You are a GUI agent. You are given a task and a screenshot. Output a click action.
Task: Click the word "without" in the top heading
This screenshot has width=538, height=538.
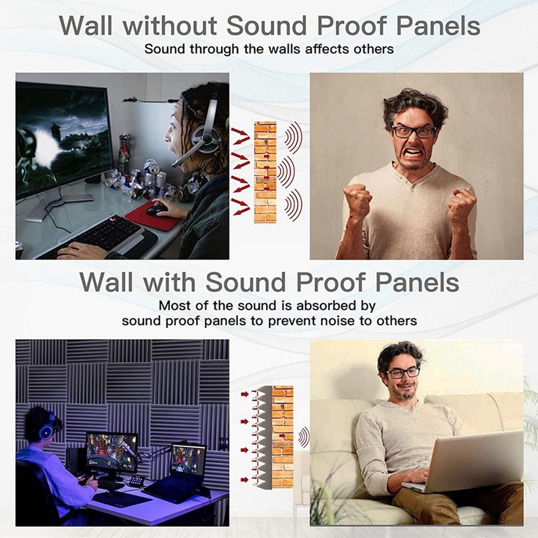pos(170,25)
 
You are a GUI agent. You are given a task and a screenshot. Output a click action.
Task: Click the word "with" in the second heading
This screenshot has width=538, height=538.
pos(169,282)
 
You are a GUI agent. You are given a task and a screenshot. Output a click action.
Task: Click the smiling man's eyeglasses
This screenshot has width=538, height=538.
pos(403,373)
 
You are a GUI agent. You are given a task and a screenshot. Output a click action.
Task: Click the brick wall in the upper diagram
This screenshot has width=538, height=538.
pos(265,172)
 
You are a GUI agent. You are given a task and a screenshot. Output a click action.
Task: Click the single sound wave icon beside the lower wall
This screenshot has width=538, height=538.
pos(304,438)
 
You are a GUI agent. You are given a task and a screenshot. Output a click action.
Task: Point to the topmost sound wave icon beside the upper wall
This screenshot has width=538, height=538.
pos(294,138)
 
